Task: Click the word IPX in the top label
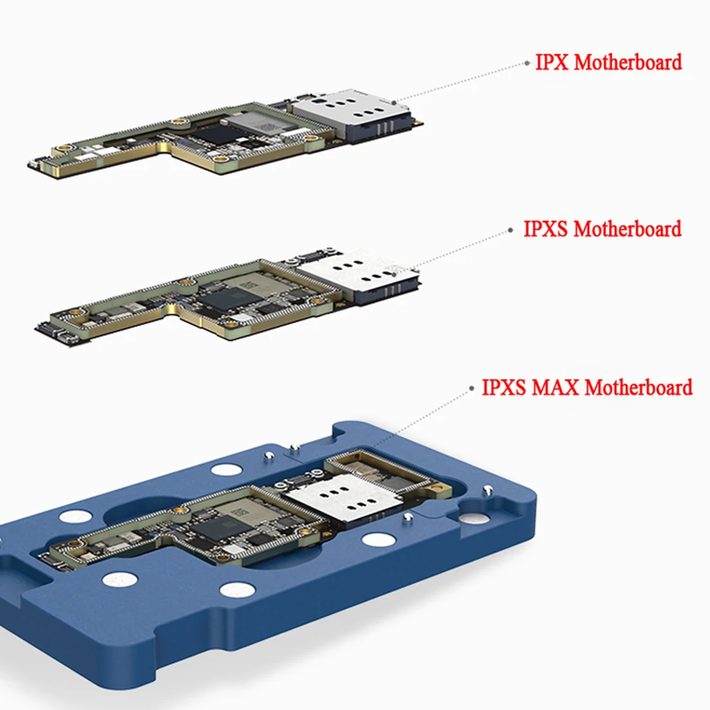[x=552, y=62]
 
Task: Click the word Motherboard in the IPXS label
[x=627, y=229]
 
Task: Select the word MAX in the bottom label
[x=555, y=388]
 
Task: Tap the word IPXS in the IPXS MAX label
[x=504, y=388]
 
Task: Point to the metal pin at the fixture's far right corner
[x=488, y=488]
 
